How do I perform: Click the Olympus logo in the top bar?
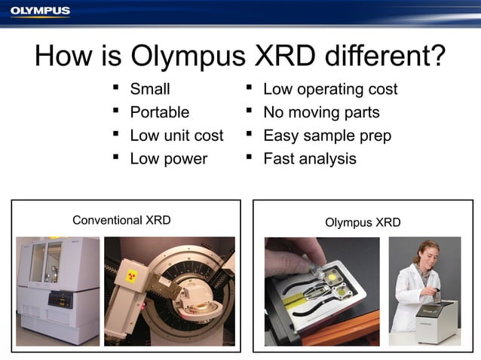click(x=40, y=11)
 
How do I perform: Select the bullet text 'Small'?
click(x=150, y=90)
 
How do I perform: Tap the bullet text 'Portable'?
click(x=159, y=113)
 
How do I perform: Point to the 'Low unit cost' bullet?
click(x=176, y=136)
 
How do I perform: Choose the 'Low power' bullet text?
click(x=168, y=159)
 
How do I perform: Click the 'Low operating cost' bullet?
click(x=329, y=90)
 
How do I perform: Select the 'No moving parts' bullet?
click(x=321, y=113)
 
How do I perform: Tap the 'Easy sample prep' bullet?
click(x=326, y=136)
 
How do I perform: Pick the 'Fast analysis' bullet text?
click(x=309, y=159)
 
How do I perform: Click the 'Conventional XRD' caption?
click(x=121, y=220)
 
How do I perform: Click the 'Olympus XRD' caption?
click(x=363, y=222)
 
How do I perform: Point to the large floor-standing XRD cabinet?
click(x=57, y=290)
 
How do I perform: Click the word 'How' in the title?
click(x=63, y=56)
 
